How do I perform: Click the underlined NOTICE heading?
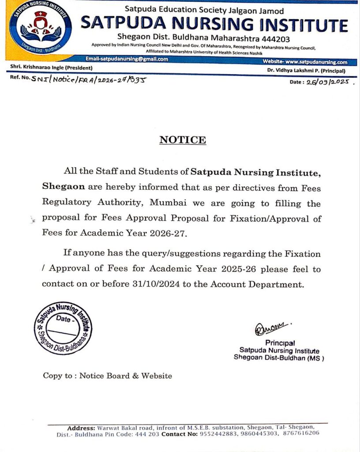183,140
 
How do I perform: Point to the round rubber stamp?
64,328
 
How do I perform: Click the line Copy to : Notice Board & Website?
107,376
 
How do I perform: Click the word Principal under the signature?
280,343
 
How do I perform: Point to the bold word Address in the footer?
81,428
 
